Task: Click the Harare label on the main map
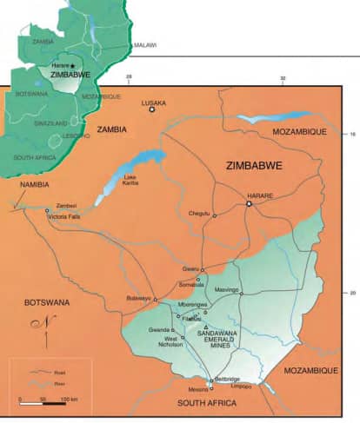pos(260,195)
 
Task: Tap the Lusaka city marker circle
pos(152,109)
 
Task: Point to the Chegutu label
pos(200,213)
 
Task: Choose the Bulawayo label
pos(138,298)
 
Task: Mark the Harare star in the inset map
pos(72,65)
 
